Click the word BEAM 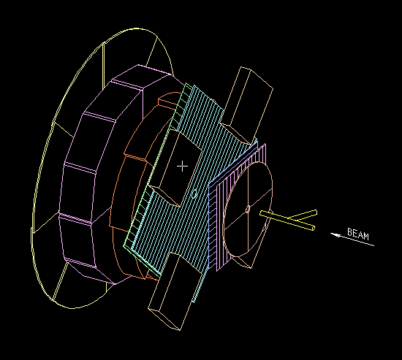coord(358,234)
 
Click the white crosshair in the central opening coord(182,166)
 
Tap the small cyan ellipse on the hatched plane coord(194,194)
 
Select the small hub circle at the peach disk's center coord(248,210)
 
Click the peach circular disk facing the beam coord(249,210)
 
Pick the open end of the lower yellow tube coord(313,228)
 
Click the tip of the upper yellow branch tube coord(316,212)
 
